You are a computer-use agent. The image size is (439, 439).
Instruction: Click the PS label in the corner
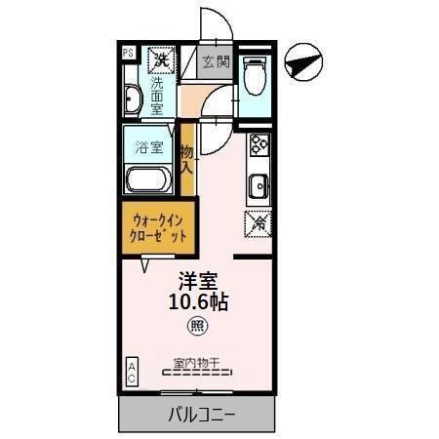[x=128, y=54]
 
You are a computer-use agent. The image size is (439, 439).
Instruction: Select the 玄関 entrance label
[x=216, y=61]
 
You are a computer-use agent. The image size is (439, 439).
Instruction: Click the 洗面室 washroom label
[x=157, y=98]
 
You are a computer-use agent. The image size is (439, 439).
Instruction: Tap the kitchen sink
[x=259, y=184]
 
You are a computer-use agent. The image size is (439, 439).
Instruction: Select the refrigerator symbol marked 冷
[x=259, y=222]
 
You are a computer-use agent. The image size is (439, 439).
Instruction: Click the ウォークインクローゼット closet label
[x=153, y=227]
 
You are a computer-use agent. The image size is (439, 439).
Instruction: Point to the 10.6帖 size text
[x=196, y=302]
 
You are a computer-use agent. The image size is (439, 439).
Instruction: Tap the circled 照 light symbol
[x=196, y=327]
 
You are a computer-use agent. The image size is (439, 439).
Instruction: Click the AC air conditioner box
[x=131, y=372]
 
